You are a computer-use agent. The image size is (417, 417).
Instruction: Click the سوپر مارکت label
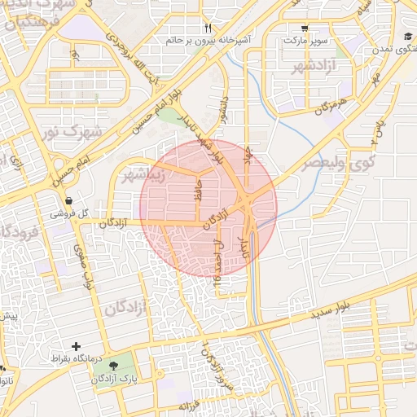tap(305, 39)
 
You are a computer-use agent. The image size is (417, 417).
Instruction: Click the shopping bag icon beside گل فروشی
tap(68, 201)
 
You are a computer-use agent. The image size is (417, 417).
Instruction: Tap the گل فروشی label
tap(67, 213)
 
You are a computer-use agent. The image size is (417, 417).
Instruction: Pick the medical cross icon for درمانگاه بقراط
tap(77, 347)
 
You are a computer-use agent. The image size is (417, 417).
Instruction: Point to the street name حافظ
tap(196, 192)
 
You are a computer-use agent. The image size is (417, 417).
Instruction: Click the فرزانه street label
tap(199, 405)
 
